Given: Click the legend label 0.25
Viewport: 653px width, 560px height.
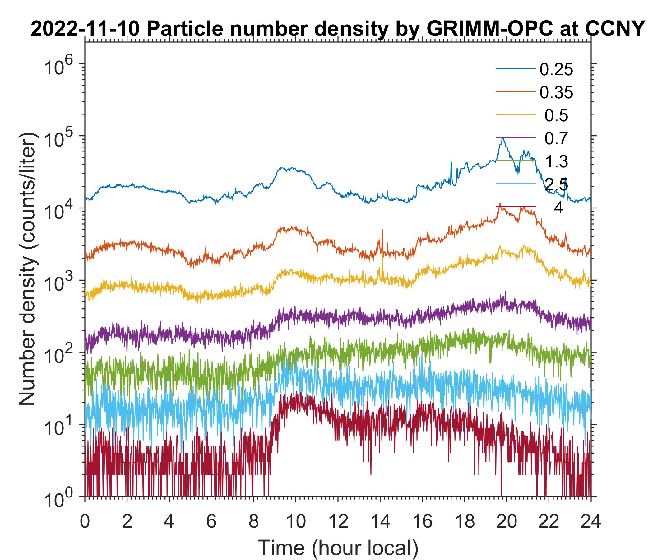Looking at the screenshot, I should click(x=556, y=70).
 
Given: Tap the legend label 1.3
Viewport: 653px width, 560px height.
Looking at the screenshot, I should click(x=557, y=161).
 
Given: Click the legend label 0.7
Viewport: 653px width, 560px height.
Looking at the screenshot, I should click(x=557, y=138).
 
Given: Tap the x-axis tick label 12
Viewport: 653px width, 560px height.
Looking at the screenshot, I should click(x=337, y=521).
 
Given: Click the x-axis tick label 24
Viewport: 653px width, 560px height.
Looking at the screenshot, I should click(x=590, y=521).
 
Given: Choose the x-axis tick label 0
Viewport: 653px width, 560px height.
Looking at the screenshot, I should click(x=85, y=521).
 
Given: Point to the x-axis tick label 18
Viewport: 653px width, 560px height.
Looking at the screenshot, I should click(x=464, y=521).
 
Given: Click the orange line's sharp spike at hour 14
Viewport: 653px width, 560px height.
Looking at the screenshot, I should click(x=382, y=230).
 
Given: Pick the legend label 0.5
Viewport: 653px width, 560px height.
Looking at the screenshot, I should click(x=557, y=116).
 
